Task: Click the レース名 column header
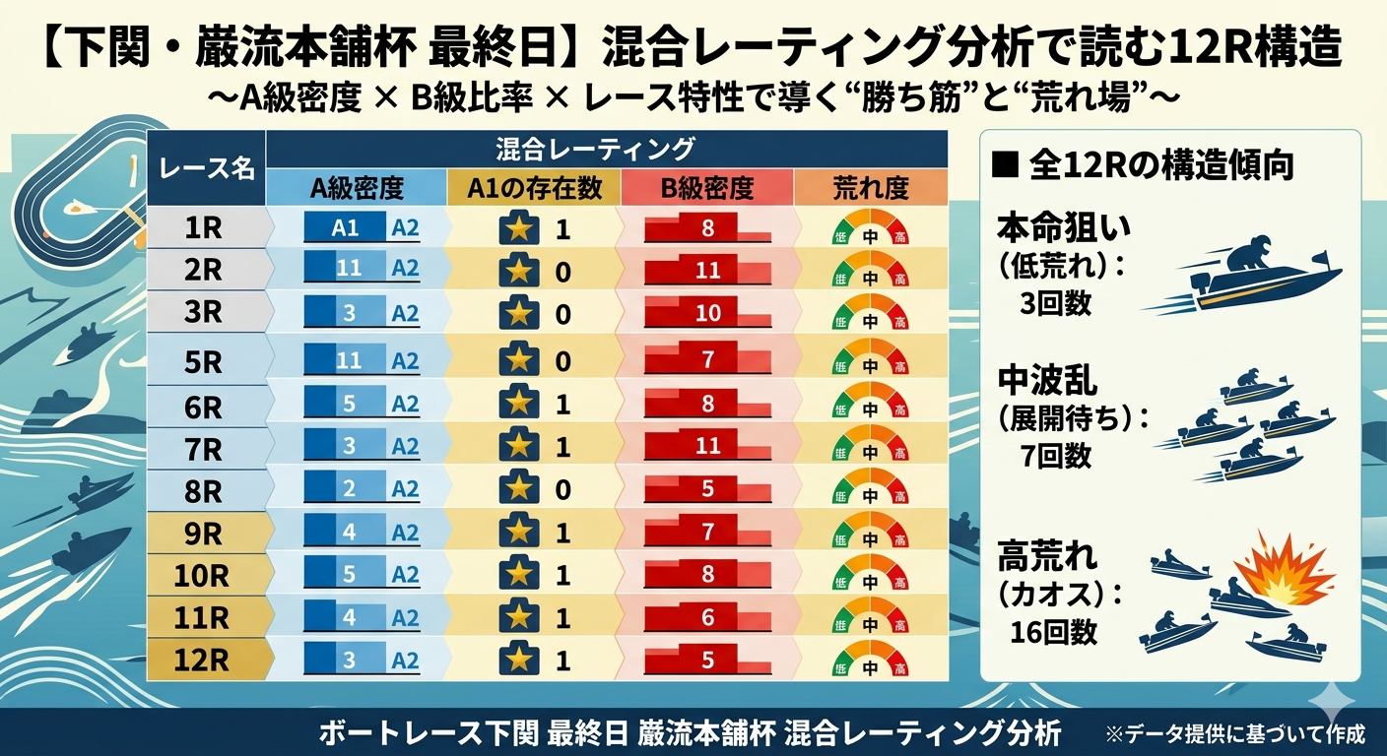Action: click(x=207, y=168)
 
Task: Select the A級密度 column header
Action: click(x=357, y=188)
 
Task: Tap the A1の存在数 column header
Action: click(x=534, y=188)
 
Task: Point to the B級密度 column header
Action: click(x=707, y=188)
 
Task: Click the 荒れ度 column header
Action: click(x=871, y=188)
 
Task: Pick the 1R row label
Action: click(x=203, y=229)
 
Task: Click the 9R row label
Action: click(x=203, y=533)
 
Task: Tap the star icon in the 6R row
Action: click(x=519, y=404)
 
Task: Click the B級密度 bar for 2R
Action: click(x=707, y=270)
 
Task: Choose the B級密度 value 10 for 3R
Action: click(x=707, y=313)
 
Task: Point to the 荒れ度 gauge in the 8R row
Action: click(x=871, y=488)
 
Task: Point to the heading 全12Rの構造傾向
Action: click(x=1142, y=164)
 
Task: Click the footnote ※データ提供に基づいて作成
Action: click(x=1235, y=733)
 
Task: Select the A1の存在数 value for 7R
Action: click(x=562, y=447)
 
